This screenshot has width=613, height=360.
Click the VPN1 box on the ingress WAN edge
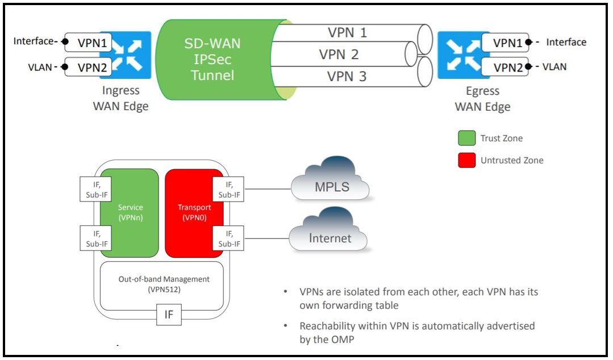(88, 42)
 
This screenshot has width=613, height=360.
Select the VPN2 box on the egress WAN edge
(504, 67)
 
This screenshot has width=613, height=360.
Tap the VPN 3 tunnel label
(347, 77)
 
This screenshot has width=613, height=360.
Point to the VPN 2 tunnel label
(339, 55)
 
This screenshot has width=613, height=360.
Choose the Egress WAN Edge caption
(483, 99)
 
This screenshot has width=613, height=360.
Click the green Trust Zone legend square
(466, 139)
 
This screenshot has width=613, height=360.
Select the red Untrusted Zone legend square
(466, 161)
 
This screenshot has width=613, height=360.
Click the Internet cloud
(330, 235)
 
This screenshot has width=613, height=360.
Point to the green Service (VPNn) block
(129, 212)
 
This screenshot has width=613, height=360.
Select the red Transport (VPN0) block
(194, 212)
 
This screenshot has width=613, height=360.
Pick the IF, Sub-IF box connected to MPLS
(228, 189)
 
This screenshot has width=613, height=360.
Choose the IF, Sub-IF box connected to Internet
(228, 238)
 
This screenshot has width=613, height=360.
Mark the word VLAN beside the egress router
(554, 67)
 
